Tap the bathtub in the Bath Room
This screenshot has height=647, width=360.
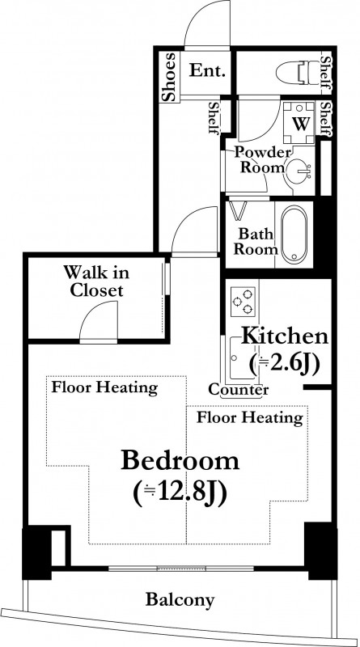(x=294, y=233)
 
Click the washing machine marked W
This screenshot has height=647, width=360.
(x=299, y=123)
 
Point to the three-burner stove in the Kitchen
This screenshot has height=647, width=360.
(x=243, y=302)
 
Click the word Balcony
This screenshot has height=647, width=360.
(x=180, y=599)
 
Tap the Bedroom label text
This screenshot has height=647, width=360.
(x=180, y=461)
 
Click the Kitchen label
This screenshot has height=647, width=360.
(x=285, y=336)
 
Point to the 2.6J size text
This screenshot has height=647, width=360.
(x=285, y=363)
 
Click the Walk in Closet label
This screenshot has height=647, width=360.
(x=96, y=281)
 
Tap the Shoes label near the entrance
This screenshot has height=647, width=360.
(x=169, y=77)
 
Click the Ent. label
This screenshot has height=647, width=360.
(x=208, y=70)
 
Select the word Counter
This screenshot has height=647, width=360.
(x=239, y=390)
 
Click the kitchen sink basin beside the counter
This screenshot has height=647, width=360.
(x=243, y=358)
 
